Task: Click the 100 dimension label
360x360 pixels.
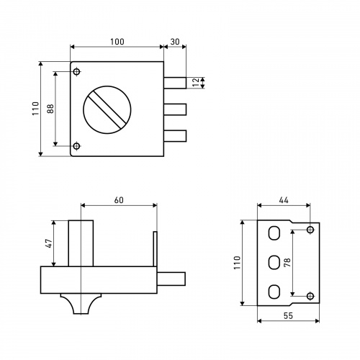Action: pos(117,42)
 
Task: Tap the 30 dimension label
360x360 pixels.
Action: pos(175,42)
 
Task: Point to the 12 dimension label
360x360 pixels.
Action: pos(196,82)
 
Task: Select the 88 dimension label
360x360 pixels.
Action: pos(50,109)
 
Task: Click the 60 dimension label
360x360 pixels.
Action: pos(119,200)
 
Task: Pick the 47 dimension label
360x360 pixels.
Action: pos(49,243)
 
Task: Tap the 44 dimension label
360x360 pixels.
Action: pos(284,200)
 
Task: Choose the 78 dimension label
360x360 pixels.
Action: pos(287,262)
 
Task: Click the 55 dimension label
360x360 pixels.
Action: pos(288,315)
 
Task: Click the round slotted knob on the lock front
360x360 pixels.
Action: pos(107,109)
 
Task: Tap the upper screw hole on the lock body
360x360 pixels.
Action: pos(76,71)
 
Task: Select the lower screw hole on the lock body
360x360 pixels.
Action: pos(76,146)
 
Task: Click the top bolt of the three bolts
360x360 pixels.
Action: pos(175,83)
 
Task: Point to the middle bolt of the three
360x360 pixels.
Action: pos(175,109)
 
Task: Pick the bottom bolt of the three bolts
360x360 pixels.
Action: pos(175,136)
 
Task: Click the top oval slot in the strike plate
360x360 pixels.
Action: pos(274,233)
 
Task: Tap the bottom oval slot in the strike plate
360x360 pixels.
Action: pos(274,292)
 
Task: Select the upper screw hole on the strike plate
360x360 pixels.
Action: pos(310,230)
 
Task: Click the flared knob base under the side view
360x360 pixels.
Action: pos(81,304)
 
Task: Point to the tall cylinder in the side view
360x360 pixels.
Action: pos(81,243)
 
